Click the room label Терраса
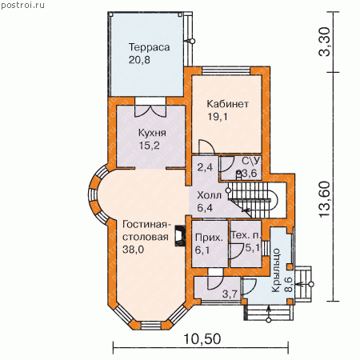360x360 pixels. (149, 47)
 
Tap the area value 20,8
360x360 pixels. (139, 60)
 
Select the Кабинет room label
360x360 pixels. (228, 104)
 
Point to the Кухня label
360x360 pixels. (152, 133)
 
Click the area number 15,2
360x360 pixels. (149, 146)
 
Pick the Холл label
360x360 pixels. (210, 195)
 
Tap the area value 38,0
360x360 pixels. (133, 250)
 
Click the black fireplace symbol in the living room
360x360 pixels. (180, 236)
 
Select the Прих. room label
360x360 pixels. (209, 238)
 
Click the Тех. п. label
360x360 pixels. (246, 235)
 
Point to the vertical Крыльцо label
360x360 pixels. (276, 270)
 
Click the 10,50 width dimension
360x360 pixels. (202, 339)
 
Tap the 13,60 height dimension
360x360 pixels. (325, 199)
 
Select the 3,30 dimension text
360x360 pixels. (325, 42)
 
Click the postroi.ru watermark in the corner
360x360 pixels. (23, 5)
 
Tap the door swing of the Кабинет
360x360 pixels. (206, 147)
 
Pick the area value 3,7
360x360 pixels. (230, 294)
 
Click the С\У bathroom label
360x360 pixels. (250, 161)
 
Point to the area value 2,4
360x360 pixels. (205, 167)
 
